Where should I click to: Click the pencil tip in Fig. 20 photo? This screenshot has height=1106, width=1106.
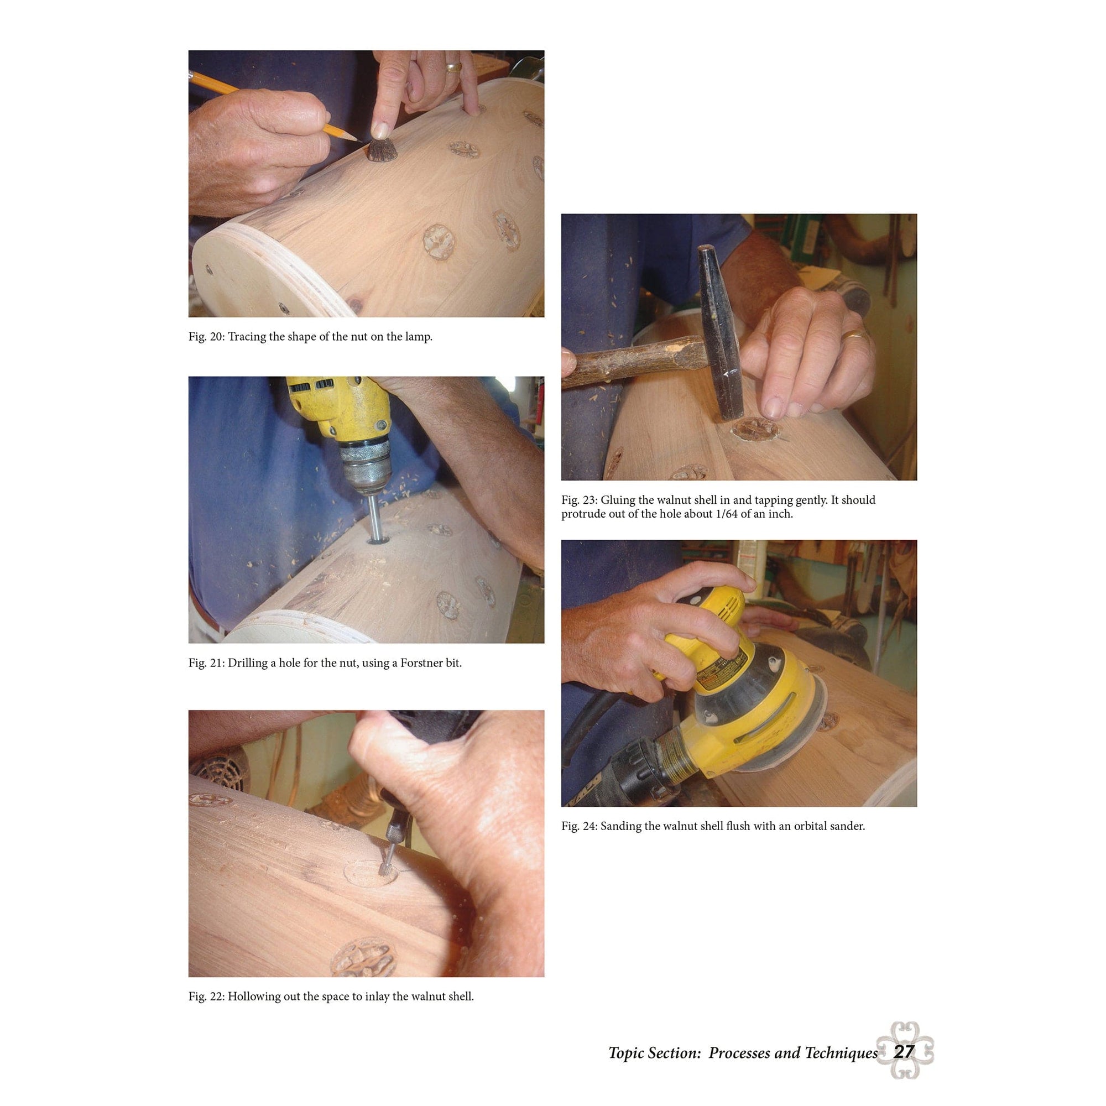point(357,139)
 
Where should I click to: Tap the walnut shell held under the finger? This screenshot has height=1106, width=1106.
point(382,150)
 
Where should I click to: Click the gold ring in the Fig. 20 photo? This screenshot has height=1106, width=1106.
point(454,67)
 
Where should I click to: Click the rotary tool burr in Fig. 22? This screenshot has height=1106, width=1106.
point(384,870)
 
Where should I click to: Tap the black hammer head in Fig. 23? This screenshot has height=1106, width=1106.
point(719,332)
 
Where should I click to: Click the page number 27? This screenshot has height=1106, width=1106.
point(904,1052)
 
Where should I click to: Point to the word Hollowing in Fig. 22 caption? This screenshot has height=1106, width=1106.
point(254,997)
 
